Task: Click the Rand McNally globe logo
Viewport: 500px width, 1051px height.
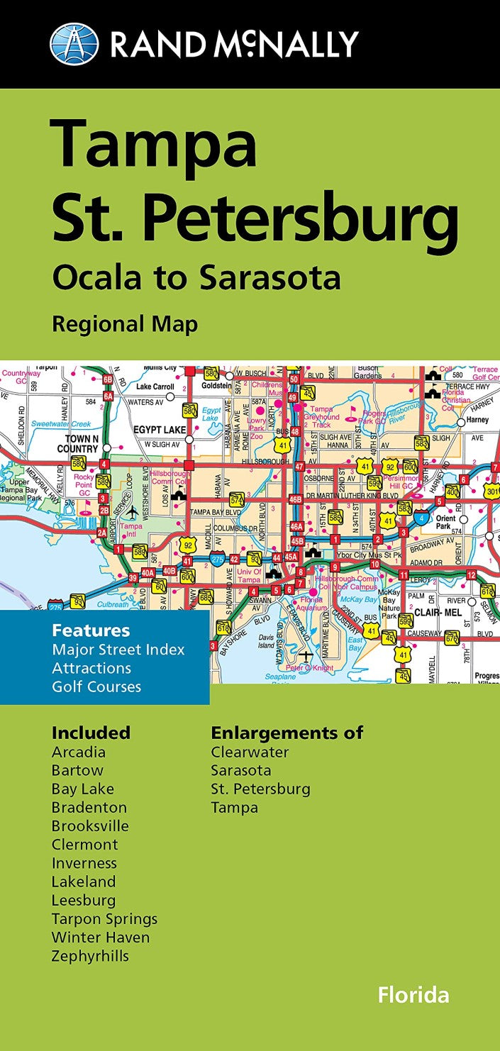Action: click(74, 43)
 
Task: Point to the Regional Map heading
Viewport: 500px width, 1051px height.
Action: click(124, 324)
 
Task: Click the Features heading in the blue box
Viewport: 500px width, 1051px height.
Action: click(91, 630)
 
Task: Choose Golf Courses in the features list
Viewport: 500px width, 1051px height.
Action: click(96, 686)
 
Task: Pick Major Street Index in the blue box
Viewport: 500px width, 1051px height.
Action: click(118, 650)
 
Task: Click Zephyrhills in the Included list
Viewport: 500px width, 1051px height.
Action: click(90, 956)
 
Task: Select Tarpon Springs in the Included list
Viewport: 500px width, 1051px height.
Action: click(104, 919)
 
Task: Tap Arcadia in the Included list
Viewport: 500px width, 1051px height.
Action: click(78, 752)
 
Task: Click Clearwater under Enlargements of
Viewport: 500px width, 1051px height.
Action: click(250, 752)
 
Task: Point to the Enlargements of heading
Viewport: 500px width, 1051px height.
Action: click(287, 733)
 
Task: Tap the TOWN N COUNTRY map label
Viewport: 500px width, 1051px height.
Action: click(78, 444)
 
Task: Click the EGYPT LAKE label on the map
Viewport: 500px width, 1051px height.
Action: click(161, 430)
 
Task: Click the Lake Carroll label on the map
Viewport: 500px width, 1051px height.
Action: click(155, 387)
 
